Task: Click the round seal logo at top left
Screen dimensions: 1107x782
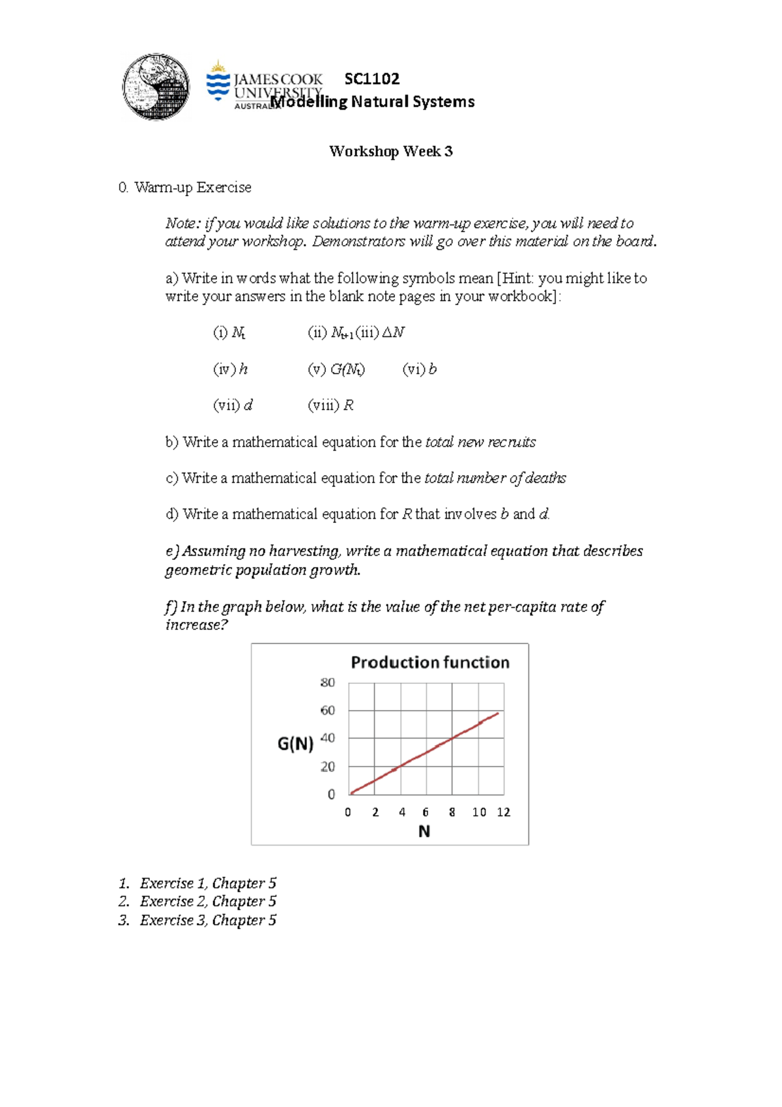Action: pos(156,87)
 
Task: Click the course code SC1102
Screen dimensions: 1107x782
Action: pos(371,79)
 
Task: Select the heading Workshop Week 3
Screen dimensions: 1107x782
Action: pos(390,151)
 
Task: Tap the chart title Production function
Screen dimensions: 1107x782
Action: pos(430,662)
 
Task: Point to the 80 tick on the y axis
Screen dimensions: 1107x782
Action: pos(327,683)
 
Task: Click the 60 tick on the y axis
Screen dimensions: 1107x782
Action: pos(327,710)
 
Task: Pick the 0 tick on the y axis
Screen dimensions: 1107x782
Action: pos(331,794)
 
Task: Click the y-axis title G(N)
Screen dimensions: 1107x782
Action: pos(295,743)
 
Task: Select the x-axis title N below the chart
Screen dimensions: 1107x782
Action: pos(424,831)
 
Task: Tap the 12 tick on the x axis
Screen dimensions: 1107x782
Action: pos(503,812)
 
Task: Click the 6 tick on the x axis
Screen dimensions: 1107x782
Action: pos(426,812)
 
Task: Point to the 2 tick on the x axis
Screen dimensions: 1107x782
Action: pos(375,812)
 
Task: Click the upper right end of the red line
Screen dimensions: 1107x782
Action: pos(498,713)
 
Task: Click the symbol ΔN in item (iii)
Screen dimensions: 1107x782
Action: pos(393,332)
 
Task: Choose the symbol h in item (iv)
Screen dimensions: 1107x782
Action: pos(243,369)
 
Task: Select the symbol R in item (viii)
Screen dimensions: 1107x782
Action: pos(348,406)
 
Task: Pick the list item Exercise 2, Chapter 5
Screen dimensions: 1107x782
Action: pos(208,901)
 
